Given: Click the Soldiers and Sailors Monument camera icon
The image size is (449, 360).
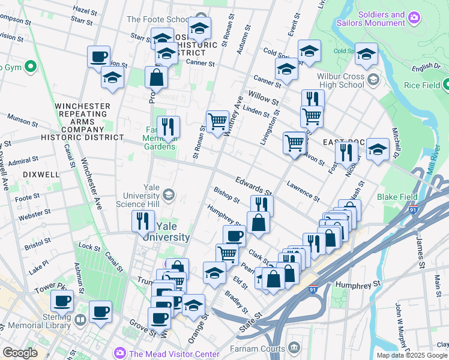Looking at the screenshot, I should [413, 18].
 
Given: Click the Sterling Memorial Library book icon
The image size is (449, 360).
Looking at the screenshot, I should [80, 319].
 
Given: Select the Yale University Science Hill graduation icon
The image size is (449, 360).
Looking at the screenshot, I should [169, 194].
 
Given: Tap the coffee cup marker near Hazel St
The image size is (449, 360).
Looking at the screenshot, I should [99, 57].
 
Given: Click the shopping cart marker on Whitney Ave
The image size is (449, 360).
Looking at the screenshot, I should [217, 121].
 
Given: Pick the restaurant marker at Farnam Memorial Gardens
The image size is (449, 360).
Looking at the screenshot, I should [168, 127].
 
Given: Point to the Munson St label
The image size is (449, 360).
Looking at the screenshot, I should [22, 122].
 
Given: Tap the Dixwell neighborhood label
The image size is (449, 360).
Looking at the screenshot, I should [41, 174].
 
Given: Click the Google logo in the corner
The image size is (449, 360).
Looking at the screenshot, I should [20, 353].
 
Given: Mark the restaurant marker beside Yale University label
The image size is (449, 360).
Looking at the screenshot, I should [143, 221].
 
